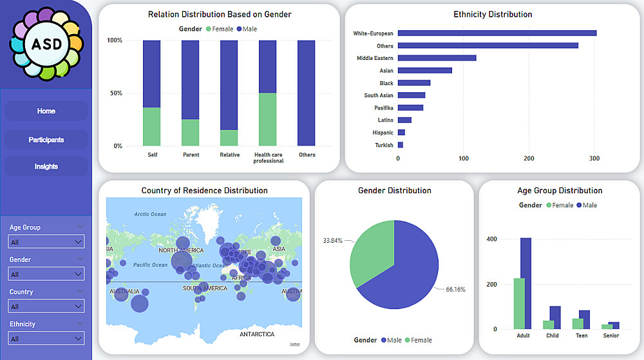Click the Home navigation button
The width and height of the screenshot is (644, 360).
(x=46, y=111)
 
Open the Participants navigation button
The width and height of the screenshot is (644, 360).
(x=46, y=140)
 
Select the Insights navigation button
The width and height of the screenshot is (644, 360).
(x=46, y=166)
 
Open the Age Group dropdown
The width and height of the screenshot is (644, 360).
(x=46, y=242)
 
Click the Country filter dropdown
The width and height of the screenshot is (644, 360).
(x=46, y=307)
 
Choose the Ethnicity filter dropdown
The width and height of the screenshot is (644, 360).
(x=46, y=339)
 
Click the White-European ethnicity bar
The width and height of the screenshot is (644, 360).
(x=497, y=33)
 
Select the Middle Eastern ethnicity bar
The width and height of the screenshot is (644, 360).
(x=437, y=58)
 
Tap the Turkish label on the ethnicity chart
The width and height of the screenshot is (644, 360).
(x=384, y=145)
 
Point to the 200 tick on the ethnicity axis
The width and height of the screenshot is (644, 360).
(x=529, y=158)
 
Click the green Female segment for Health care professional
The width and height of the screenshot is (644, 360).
(x=268, y=119)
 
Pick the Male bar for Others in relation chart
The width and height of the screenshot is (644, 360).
(x=307, y=93)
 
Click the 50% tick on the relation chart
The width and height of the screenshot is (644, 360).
(x=114, y=93)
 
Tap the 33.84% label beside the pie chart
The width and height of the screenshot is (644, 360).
(x=332, y=240)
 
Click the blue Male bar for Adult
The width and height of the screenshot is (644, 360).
(x=526, y=283)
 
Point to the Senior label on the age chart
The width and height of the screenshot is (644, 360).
(x=611, y=336)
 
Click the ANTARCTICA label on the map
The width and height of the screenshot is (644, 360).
(x=257, y=334)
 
